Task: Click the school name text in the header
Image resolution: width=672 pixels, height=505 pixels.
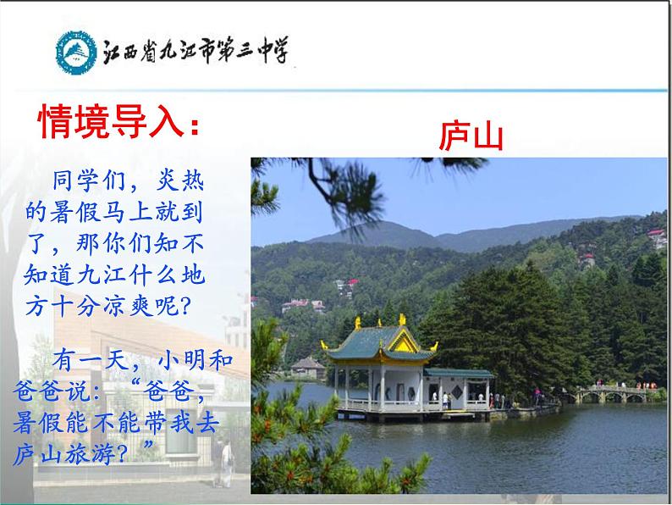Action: point(199,51)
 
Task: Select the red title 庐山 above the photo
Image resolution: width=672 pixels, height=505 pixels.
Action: point(471,136)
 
